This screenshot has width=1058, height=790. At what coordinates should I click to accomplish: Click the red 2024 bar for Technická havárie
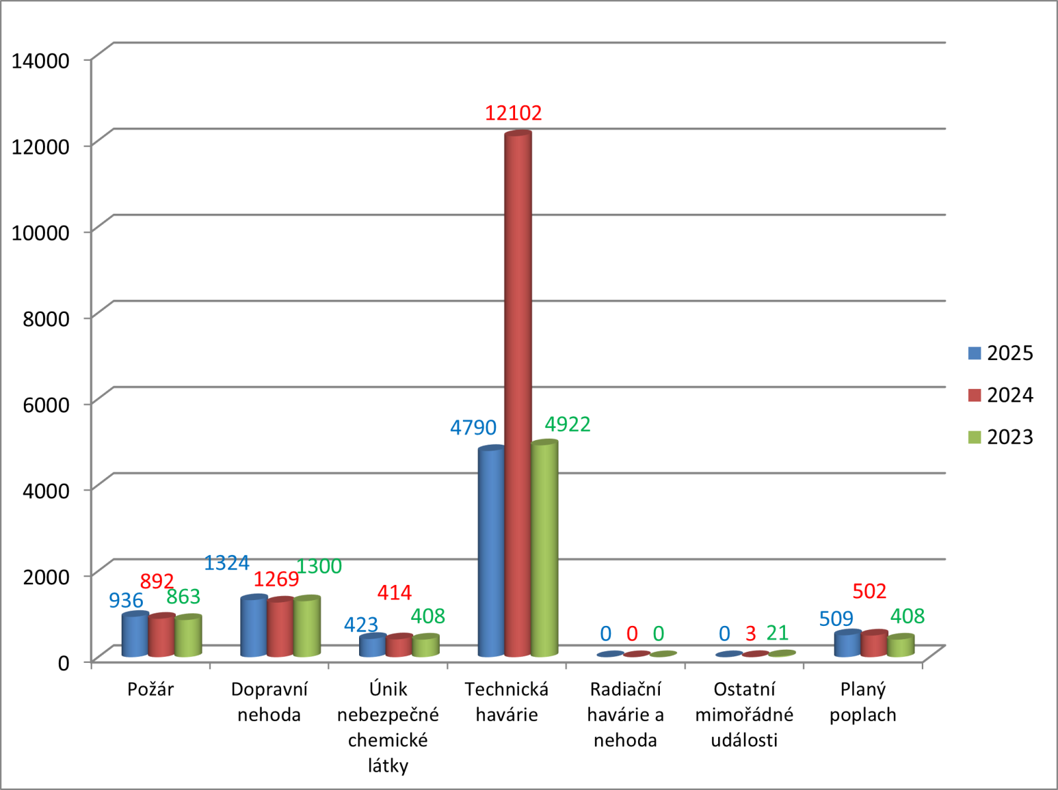[x=518, y=397]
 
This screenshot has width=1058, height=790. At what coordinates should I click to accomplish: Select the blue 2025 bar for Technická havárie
[x=491, y=552]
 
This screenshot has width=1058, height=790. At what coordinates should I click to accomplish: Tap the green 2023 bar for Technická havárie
[x=544, y=549]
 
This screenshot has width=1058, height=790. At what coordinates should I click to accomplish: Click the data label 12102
[x=513, y=113]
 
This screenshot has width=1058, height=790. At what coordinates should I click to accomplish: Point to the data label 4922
[x=567, y=424]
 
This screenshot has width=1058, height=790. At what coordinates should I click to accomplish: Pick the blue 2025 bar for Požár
[x=135, y=635]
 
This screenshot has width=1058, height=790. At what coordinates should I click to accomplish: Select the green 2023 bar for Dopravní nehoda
[x=307, y=627]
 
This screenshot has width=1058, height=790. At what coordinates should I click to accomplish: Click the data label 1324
[x=226, y=563]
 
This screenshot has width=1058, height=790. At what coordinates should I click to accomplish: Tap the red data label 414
[x=394, y=592]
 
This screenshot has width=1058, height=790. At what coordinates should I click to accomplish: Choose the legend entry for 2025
[x=1000, y=353]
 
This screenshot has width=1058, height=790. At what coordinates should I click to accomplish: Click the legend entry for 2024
[x=1000, y=395]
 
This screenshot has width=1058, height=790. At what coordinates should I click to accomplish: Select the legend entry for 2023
[x=1000, y=437]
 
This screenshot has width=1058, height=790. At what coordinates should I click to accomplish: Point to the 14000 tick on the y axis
[x=40, y=60]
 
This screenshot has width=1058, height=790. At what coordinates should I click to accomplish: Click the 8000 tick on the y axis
[x=46, y=318]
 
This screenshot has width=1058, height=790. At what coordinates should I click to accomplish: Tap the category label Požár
[x=150, y=689]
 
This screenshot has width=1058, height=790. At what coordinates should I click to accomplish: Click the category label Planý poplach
[x=863, y=702]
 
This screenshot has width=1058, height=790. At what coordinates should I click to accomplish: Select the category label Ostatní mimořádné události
[x=744, y=715]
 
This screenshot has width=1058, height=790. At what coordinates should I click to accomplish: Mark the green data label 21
[x=778, y=633]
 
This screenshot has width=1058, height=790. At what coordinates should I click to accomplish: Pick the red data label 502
[x=869, y=591]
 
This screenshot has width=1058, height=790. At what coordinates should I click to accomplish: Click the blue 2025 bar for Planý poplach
[x=848, y=644]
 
